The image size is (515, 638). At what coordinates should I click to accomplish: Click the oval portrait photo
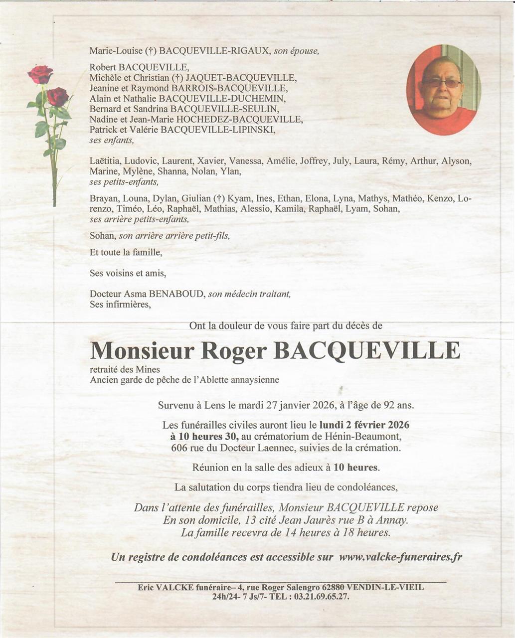point(443,90)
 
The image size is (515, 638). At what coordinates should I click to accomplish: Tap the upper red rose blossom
point(40,74)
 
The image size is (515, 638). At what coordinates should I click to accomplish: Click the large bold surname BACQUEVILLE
point(367,351)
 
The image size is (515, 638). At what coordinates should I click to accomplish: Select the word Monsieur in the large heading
point(142,351)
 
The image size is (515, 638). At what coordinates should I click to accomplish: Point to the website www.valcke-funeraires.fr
point(400,557)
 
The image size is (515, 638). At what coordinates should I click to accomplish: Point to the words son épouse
point(296,51)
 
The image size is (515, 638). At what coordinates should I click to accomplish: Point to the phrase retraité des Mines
point(125,369)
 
